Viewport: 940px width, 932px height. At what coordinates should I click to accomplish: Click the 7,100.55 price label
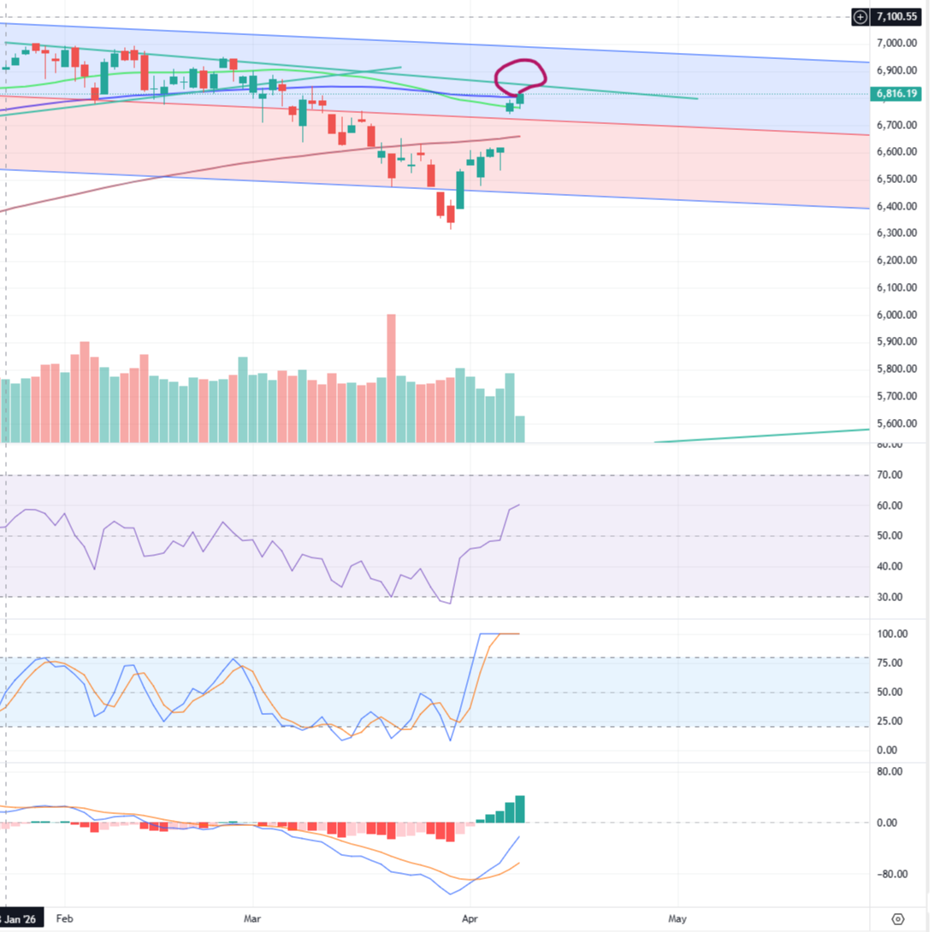tap(897, 16)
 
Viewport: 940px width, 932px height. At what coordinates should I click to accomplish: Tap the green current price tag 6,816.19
tap(897, 94)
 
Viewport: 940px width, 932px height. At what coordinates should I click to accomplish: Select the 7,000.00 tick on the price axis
tap(897, 43)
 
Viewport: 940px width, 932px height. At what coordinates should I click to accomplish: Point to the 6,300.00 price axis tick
tap(897, 233)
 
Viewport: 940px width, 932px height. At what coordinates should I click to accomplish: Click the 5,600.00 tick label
tap(897, 424)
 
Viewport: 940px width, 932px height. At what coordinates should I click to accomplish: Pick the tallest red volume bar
tap(392, 376)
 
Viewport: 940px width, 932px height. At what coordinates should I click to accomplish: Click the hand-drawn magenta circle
tap(521, 75)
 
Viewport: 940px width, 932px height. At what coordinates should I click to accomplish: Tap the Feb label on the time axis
tap(64, 919)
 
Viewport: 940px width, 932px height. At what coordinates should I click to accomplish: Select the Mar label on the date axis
tap(252, 919)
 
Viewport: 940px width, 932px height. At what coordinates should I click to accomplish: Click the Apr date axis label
tap(468, 919)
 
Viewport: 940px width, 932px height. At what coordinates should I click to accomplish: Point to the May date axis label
tap(677, 919)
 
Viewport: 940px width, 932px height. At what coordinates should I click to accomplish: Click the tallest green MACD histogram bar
tap(520, 809)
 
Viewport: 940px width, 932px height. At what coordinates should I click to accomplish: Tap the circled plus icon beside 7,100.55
tap(861, 16)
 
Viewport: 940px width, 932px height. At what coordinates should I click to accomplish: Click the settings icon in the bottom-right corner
tap(898, 919)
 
